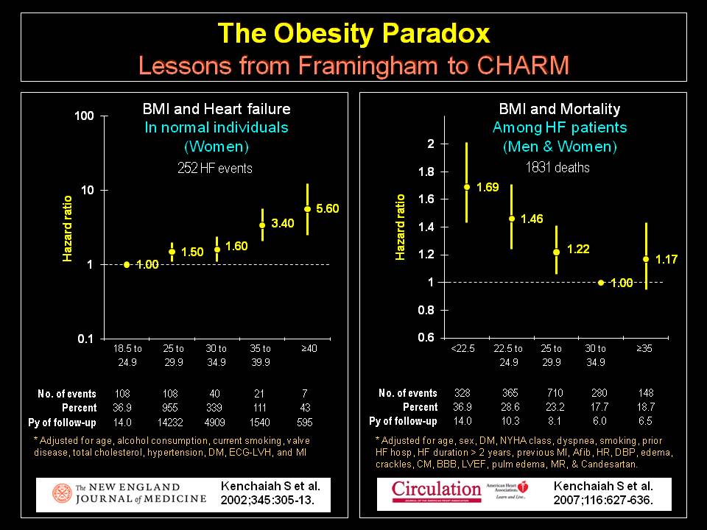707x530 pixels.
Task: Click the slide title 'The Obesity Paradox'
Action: tap(353, 33)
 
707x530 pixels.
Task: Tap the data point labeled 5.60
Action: tap(307, 209)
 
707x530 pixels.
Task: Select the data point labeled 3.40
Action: tap(261, 225)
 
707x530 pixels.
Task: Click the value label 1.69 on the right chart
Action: tap(488, 187)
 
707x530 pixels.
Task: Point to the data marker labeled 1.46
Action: tap(512, 219)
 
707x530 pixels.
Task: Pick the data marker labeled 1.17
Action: tap(646, 259)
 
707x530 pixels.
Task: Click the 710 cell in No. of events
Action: tap(554, 393)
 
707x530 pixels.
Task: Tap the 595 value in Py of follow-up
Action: tap(306, 422)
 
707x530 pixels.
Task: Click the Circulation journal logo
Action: tap(436, 490)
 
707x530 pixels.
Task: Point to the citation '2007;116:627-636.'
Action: tap(603, 500)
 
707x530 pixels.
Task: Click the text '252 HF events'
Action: tap(215, 169)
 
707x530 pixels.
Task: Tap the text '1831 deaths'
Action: tap(557, 168)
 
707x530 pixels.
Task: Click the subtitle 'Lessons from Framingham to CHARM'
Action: tap(353, 65)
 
